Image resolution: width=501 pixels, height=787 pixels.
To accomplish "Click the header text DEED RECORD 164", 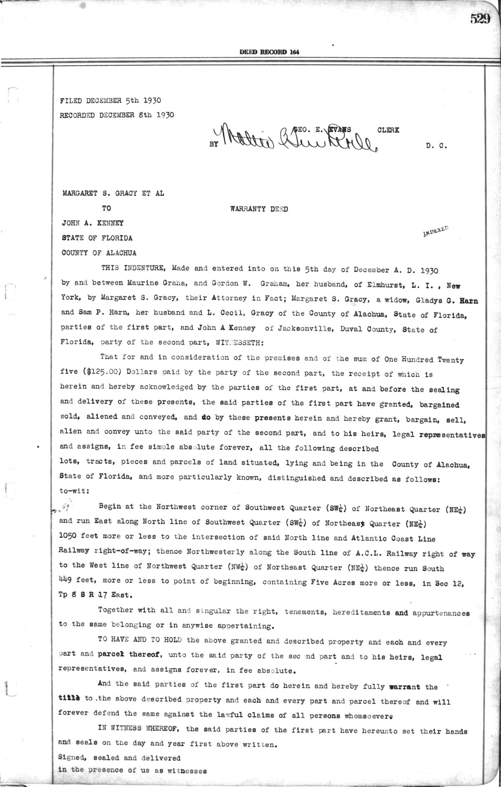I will tap(269, 52).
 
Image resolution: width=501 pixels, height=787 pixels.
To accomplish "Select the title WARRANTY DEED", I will tap(259, 209).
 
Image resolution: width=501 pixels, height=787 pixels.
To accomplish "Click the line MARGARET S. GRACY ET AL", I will tap(113, 193).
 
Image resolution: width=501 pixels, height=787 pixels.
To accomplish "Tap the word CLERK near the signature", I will tap(388, 130).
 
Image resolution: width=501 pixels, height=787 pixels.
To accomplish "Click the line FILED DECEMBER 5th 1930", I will tap(111, 101).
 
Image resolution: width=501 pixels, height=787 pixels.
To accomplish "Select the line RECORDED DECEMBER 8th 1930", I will tap(117, 115).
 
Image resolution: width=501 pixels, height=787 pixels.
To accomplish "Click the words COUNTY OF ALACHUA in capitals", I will tap(99, 253).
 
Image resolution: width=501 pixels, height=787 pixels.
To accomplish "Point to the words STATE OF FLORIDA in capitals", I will tap(97, 238).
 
